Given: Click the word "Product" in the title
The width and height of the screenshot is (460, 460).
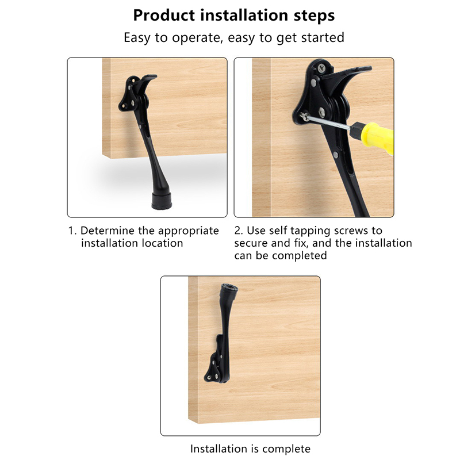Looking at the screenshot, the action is [x=164, y=16].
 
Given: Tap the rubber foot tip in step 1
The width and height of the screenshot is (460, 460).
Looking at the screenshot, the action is [x=162, y=201].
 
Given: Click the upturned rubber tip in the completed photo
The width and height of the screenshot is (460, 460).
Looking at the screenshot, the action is [x=229, y=289].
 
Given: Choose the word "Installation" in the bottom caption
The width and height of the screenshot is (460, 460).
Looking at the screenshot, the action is [x=218, y=449].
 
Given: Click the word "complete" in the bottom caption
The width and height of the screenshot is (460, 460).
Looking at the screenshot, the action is [x=286, y=450].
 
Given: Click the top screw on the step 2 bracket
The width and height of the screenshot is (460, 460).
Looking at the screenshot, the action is [x=322, y=68].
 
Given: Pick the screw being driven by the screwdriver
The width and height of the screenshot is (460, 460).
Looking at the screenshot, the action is [x=304, y=116].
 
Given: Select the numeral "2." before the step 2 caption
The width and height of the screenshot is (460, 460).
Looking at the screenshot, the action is [x=239, y=231].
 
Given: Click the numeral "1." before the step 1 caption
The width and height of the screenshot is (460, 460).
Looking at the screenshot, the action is [x=72, y=231].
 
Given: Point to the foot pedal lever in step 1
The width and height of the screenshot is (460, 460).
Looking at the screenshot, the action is [x=146, y=82].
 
